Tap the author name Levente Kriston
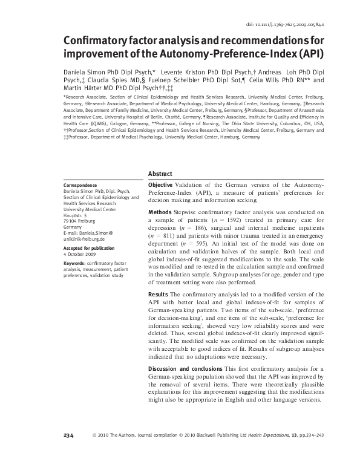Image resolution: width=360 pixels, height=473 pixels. (182, 71)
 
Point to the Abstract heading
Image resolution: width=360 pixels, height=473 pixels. (160, 174)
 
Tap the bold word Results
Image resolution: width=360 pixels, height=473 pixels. (159, 294)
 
